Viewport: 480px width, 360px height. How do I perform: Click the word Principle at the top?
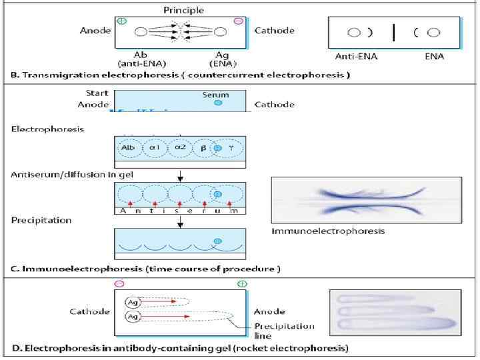(183, 9)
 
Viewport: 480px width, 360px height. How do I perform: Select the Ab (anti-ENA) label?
(141, 59)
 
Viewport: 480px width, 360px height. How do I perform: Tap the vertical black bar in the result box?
(394, 32)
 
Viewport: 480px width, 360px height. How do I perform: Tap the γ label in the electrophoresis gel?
(230, 147)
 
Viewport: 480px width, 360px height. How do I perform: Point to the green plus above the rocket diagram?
(241, 284)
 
